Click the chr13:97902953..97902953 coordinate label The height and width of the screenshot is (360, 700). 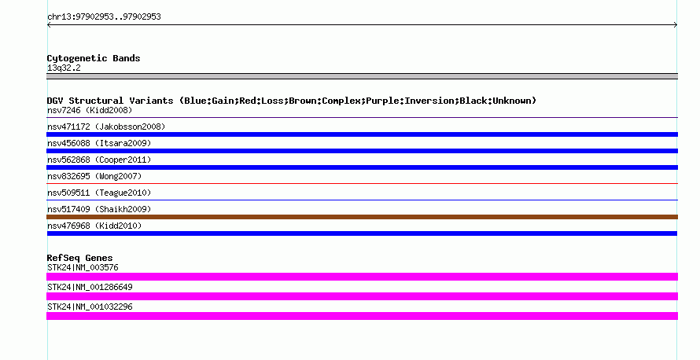coord(104,17)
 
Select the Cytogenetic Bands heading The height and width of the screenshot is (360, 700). coord(94,58)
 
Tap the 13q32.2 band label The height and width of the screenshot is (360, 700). coord(64,68)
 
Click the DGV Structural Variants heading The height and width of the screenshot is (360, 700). coord(292,101)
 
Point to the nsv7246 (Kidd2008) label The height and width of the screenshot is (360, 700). coord(90,110)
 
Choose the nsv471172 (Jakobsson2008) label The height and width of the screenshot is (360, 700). coord(106,127)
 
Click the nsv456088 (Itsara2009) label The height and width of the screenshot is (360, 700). coord(99,143)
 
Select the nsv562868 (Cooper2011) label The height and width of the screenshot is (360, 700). coord(99,160)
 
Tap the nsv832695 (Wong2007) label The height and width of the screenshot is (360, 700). coord(94,176)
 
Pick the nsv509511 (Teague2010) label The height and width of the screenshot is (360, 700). coord(99,193)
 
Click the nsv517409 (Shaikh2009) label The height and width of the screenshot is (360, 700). coord(99,209)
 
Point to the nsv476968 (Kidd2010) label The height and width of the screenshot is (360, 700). coord(94,226)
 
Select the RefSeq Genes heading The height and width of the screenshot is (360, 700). coord(79,258)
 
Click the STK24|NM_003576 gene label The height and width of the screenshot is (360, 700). coord(83,268)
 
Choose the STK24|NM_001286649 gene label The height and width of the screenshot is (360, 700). coord(90,287)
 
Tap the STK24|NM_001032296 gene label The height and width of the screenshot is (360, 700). coord(90,307)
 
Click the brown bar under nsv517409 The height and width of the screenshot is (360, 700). coord(362,217)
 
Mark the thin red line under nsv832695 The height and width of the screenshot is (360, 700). coord(362,183)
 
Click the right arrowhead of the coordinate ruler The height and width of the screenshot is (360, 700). coord(676,25)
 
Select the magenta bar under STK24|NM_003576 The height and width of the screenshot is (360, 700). coord(362,277)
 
